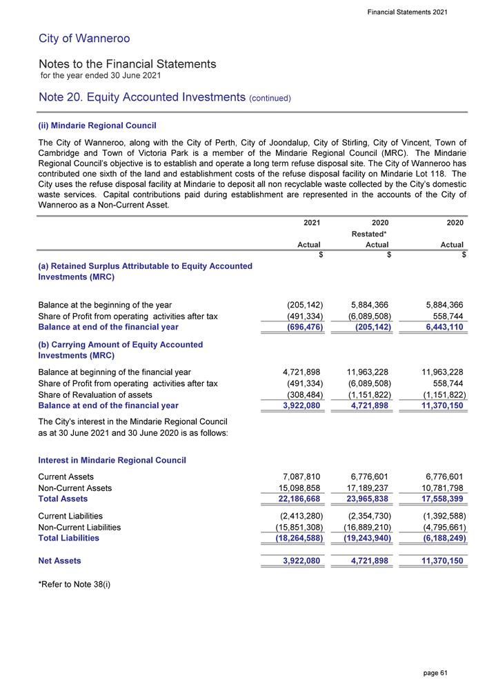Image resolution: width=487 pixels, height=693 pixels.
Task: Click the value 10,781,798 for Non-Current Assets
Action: pyautogui.click(x=438, y=488)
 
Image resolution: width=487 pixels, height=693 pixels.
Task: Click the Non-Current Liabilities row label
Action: pyautogui.click(x=79, y=527)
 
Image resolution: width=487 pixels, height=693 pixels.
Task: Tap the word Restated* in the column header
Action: pyautogui.click(x=370, y=234)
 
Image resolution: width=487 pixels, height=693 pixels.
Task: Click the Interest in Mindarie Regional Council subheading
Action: pyautogui.click(x=112, y=459)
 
